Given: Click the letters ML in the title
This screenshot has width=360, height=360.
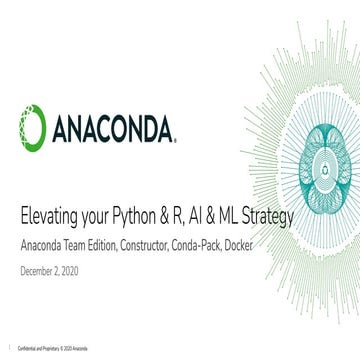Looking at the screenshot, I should point(222,216).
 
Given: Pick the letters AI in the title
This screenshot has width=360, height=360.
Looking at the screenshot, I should point(190,216).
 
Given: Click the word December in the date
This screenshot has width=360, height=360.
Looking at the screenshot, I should point(39,270).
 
